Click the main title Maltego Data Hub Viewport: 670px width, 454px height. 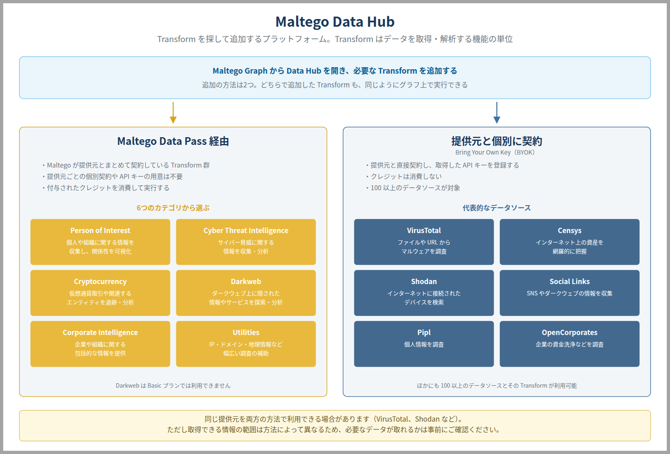click(x=335, y=22)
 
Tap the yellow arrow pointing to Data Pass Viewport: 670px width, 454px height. click(x=173, y=113)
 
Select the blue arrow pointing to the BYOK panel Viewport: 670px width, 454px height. click(x=496, y=113)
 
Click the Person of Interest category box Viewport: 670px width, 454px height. click(x=100, y=242)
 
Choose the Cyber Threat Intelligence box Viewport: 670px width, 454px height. click(x=246, y=242)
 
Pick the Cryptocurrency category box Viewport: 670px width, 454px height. click(x=100, y=293)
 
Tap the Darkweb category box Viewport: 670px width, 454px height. click(x=246, y=293)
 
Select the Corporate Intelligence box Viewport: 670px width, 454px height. click(x=100, y=344)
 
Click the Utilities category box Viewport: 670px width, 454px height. click(x=246, y=344)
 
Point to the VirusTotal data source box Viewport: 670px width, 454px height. click(x=424, y=242)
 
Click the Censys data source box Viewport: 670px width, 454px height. click(x=570, y=242)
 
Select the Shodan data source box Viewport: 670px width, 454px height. click(x=424, y=293)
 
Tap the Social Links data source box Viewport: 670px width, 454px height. click(x=570, y=293)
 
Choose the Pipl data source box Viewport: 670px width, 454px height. click(x=424, y=344)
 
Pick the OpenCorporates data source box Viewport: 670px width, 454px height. click(x=570, y=344)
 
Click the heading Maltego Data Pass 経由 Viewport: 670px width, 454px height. click(x=173, y=141)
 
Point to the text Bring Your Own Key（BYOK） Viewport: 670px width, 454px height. click(x=495, y=152)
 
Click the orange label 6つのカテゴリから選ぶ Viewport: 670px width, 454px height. click(x=173, y=208)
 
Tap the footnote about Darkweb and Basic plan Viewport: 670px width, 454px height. click(x=173, y=386)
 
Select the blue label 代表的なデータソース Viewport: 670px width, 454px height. click(x=496, y=208)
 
